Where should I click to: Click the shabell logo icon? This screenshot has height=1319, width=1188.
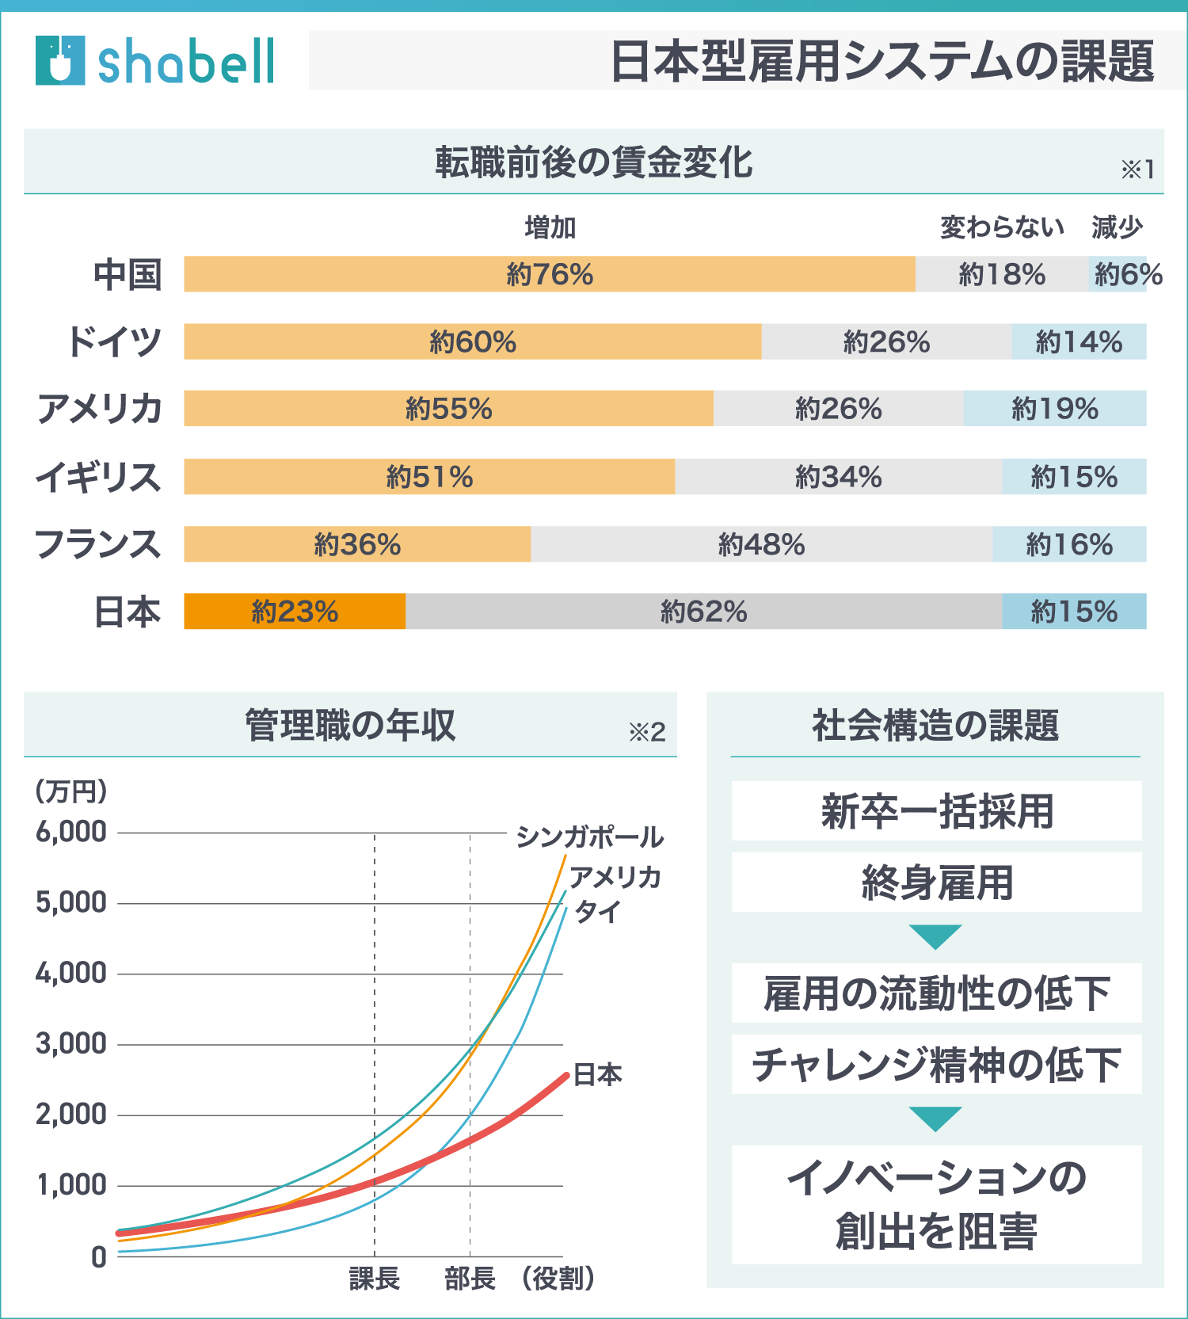[x=60, y=60]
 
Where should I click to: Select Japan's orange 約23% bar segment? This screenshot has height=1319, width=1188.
[x=295, y=612]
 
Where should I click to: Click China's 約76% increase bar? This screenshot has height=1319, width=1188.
[x=550, y=274]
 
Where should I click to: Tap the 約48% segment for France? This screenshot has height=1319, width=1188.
[x=761, y=544]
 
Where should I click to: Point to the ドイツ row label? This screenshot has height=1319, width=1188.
[x=115, y=341]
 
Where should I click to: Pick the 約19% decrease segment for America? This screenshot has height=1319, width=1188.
[x=1055, y=409]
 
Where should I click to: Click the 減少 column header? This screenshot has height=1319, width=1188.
[x=1117, y=228]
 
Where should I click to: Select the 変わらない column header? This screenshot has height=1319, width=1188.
[x=1002, y=228]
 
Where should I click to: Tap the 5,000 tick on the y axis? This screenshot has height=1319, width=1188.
[x=71, y=902]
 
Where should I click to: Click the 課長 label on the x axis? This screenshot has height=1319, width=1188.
[x=375, y=1278]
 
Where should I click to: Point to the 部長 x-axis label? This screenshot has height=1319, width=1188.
[x=470, y=1278]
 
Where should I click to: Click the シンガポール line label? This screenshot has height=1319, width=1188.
[x=589, y=837]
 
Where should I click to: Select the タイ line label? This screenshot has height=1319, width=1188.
[x=598, y=912]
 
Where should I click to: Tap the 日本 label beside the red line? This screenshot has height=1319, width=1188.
[x=598, y=1075]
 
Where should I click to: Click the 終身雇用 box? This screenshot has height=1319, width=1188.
[x=936, y=883]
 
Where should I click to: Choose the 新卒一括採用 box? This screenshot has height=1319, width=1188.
[x=936, y=811]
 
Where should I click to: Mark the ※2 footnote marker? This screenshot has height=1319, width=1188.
[x=647, y=732]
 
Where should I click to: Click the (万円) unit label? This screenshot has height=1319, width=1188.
[x=71, y=791]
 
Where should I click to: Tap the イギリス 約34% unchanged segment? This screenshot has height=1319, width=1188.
[x=838, y=477]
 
